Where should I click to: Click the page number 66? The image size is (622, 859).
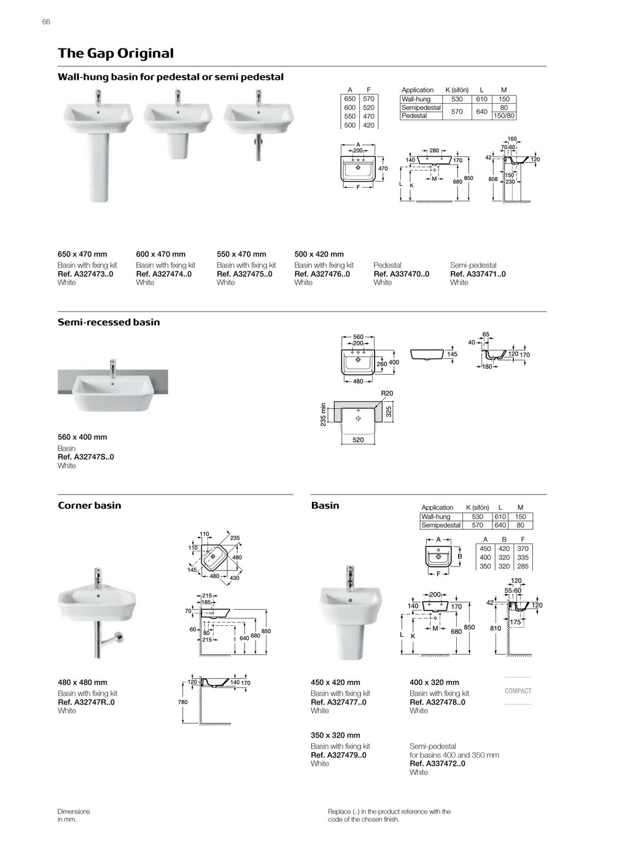tap(46, 22)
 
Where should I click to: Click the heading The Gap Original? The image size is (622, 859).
tap(115, 53)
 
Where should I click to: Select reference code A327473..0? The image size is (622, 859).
tap(85, 274)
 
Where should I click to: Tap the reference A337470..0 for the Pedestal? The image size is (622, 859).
tap(402, 274)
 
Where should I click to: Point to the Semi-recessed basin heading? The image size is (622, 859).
tap(109, 322)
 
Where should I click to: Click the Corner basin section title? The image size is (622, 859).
tap(90, 506)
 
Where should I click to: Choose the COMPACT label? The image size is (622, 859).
tap(518, 691)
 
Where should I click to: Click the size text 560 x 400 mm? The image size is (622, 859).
tap(82, 437)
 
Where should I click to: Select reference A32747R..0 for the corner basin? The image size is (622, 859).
tap(86, 703)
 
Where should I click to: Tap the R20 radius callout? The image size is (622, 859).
tap(387, 393)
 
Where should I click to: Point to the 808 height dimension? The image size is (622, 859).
tap(492, 179)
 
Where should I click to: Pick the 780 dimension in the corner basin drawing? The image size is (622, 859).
tap(182, 702)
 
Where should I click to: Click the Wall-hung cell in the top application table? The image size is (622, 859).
tap(416, 99)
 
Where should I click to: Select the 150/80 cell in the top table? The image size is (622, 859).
tap(504, 115)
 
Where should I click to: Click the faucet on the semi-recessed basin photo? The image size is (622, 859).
tap(112, 369)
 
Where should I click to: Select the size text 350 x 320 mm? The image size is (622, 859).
tap(335, 735)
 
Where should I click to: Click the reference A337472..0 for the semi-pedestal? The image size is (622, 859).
tap(437, 764)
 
